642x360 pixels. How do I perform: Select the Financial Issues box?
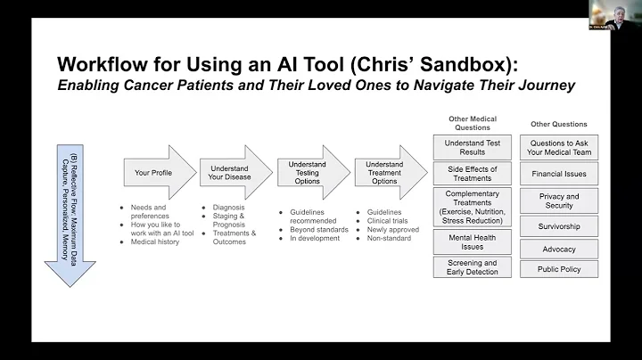click(x=559, y=174)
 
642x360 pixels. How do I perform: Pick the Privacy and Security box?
click(x=559, y=201)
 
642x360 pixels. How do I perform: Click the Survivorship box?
click(x=559, y=227)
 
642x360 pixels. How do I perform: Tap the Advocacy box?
click(x=559, y=249)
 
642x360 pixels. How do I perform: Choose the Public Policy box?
click(x=559, y=269)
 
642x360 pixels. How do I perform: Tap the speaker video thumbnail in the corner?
click(x=614, y=15)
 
